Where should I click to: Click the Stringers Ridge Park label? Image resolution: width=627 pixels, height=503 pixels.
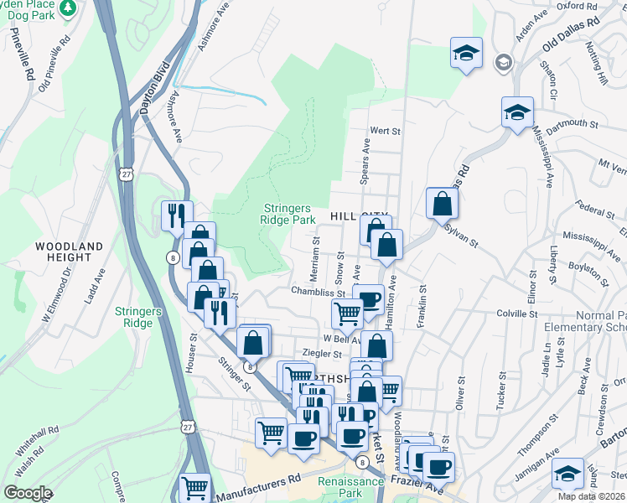(288, 214)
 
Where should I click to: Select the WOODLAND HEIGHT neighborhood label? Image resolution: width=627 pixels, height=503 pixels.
(70, 253)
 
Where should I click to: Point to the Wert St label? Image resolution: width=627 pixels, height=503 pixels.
(386, 132)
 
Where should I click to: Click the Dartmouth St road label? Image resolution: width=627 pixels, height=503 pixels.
(573, 123)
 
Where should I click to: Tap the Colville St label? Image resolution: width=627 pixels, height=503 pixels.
(516, 313)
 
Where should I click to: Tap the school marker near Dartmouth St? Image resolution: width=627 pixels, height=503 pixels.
(518, 111)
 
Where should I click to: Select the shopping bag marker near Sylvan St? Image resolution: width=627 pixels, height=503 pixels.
(442, 203)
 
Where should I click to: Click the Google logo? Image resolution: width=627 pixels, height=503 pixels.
(28, 493)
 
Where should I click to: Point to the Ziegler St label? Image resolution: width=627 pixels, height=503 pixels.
(321, 355)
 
